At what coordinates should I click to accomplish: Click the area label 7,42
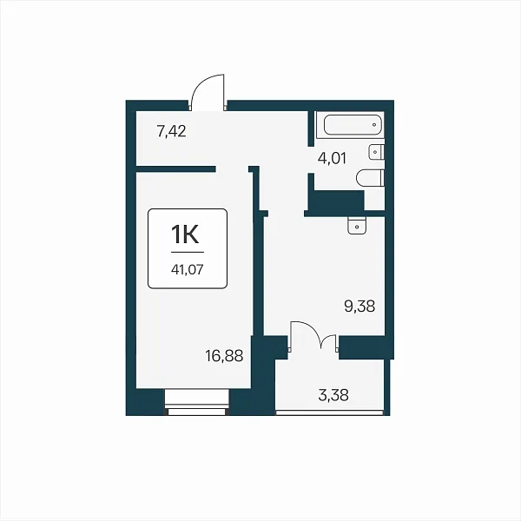(171, 132)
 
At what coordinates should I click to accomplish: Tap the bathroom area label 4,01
(332, 158)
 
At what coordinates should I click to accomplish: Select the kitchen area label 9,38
(359, 307)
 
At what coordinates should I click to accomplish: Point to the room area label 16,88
(224, 356)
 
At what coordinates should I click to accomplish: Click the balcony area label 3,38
(333, 395)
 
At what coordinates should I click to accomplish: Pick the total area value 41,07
(187, 269)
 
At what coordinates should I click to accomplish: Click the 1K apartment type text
(185, 234)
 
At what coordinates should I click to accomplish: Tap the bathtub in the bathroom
(353, 125)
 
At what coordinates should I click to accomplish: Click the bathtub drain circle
(374, 125)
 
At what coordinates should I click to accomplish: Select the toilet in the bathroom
(370, 178)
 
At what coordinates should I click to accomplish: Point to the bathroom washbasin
(376, 152)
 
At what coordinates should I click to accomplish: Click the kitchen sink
(357, 225)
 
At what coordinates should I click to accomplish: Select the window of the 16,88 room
(197, 402)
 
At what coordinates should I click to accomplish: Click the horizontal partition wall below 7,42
(175, 168)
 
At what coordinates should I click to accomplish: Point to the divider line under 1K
(188, 252)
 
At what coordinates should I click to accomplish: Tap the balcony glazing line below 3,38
(329, 412)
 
